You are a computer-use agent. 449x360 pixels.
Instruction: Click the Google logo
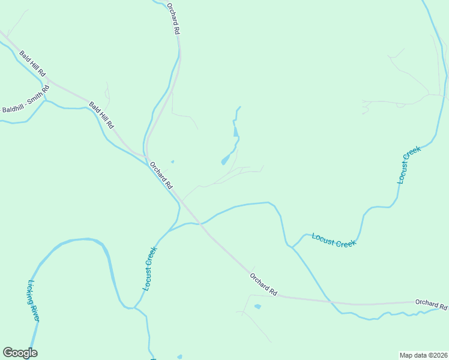[x=20, y=353]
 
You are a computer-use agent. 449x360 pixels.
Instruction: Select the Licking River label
[x=33, y=300]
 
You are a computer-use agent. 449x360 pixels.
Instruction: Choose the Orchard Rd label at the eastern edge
[x=431, y=304]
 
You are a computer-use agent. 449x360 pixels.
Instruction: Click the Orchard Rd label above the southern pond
[x=264, y=284]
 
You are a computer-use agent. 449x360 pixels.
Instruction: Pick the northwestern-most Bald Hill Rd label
[x=32, y=62]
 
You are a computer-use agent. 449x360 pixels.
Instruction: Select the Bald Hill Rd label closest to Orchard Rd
[x=101, y=115]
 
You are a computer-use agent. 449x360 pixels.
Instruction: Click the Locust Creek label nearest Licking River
[x=149, y=269]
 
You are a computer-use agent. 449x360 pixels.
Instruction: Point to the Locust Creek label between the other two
[x=334, y=240]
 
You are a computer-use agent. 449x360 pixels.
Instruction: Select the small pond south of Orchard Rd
[x=258, y=307]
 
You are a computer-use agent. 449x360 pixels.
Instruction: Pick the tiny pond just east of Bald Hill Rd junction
[x=173, y=161]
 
